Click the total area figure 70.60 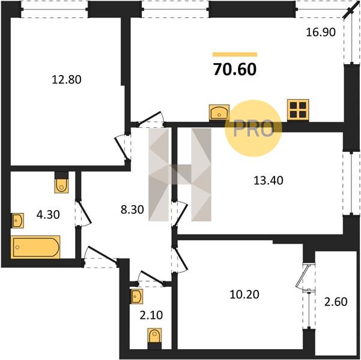pos(235,69)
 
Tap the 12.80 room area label pos(67,80)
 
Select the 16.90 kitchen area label pos(321,32)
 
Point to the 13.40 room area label pos(268,181)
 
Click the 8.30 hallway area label pos(132,209)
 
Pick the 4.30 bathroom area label pos(48,214)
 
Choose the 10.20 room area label pos(244,294)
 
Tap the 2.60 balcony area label pos(336,302)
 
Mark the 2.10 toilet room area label pos(151,315)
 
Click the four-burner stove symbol pos(298,110)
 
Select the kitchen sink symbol pos(219,112)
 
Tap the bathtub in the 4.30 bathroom pos(35,247)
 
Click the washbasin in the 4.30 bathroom pos(17,221)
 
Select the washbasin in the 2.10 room pos(136,296)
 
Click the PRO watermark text pos(253,129)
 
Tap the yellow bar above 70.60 pos(235,54)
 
